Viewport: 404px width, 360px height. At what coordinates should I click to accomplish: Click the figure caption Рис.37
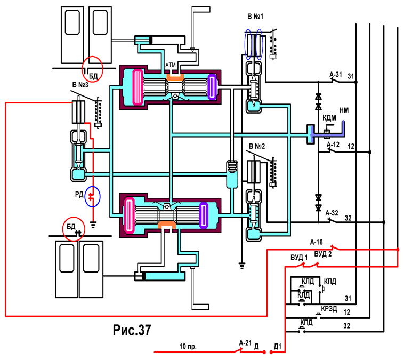point(132,330)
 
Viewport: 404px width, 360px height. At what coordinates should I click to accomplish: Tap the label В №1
point(255,17)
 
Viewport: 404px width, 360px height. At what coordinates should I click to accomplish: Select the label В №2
point(257,146)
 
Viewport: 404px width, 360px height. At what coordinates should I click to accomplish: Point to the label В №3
point(80,85)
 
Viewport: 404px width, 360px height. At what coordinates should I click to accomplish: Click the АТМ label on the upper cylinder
point(171,65)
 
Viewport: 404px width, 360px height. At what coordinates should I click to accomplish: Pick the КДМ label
point(329,118)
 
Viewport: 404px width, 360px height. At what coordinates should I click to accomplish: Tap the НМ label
point(344,110)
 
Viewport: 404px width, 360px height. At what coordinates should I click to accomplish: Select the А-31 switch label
point(336,75)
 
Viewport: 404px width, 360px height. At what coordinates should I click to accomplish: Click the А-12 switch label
point(333,145)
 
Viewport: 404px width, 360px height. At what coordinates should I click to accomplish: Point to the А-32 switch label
point(332,213)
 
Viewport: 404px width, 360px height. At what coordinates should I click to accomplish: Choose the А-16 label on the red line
point(317,242)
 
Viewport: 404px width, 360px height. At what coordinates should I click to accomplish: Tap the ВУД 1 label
point(299,258)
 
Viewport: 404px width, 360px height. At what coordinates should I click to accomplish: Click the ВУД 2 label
point(323,254)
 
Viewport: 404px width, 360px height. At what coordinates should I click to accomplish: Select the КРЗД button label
point(329,309)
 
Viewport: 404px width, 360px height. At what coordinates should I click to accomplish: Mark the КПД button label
point(306,322)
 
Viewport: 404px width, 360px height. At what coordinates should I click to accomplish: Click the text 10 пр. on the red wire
point(188,346)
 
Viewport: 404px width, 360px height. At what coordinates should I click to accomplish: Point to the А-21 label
point(245,343)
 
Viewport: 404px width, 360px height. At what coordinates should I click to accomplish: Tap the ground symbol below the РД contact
point(93,225)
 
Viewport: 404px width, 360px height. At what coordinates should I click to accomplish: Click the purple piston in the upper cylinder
point(212,87)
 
